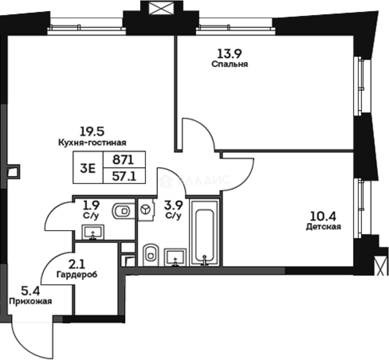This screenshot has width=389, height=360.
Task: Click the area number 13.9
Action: tap(230, 53)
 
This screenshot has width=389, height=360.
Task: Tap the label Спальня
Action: tap(230, 64)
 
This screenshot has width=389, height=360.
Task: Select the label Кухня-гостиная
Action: tap(92, 143)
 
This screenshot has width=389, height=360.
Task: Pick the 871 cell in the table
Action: tap(124, 160)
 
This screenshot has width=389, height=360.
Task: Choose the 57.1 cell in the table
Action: tap(124, 176)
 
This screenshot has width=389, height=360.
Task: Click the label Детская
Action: tap(323, 227)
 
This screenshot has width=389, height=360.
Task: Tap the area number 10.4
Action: tap(323, 216)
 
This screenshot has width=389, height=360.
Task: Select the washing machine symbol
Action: tap(146, 210)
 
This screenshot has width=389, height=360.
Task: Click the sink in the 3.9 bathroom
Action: tap(175, 257)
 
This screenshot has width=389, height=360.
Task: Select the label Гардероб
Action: tap(77, 275)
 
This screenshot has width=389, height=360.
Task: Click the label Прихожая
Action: tap(30, 301)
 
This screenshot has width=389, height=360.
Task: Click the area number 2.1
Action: tap(77, 265)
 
